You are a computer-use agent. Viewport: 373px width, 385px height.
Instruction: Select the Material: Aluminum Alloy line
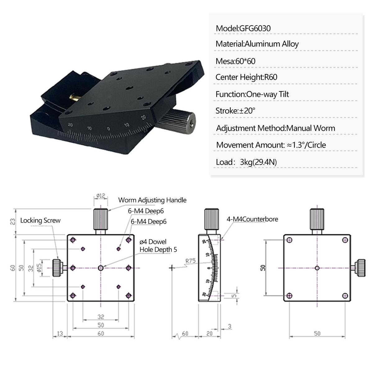(x=257, y=44)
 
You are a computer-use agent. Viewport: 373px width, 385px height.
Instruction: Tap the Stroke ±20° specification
(x=235, y=111)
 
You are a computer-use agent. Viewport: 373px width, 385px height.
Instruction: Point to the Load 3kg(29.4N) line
(x=246, y=162)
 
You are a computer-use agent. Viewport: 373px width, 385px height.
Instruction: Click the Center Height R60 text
(x=246, y=77)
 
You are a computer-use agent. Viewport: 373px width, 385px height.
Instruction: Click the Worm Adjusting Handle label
(x=152, y=200)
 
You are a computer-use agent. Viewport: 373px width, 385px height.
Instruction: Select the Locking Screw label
(x=40, y=221)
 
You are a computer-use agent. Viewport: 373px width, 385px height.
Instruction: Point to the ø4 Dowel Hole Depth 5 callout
(x=158, y=246)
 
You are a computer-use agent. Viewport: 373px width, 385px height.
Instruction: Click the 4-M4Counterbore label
(x=252, y=219)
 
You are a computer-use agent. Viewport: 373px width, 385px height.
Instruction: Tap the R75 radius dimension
(x=190, y=261)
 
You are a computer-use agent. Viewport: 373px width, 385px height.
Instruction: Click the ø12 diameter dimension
(x=101, y=196)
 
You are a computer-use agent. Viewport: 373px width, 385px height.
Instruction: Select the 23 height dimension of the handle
(x=13, y=221)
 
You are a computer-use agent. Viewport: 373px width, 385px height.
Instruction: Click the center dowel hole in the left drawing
(x=101, y=268)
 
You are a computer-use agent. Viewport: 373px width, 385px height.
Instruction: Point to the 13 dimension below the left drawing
(x=60, y=333)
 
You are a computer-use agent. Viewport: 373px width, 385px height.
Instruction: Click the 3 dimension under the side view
(x=229, y=326)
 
